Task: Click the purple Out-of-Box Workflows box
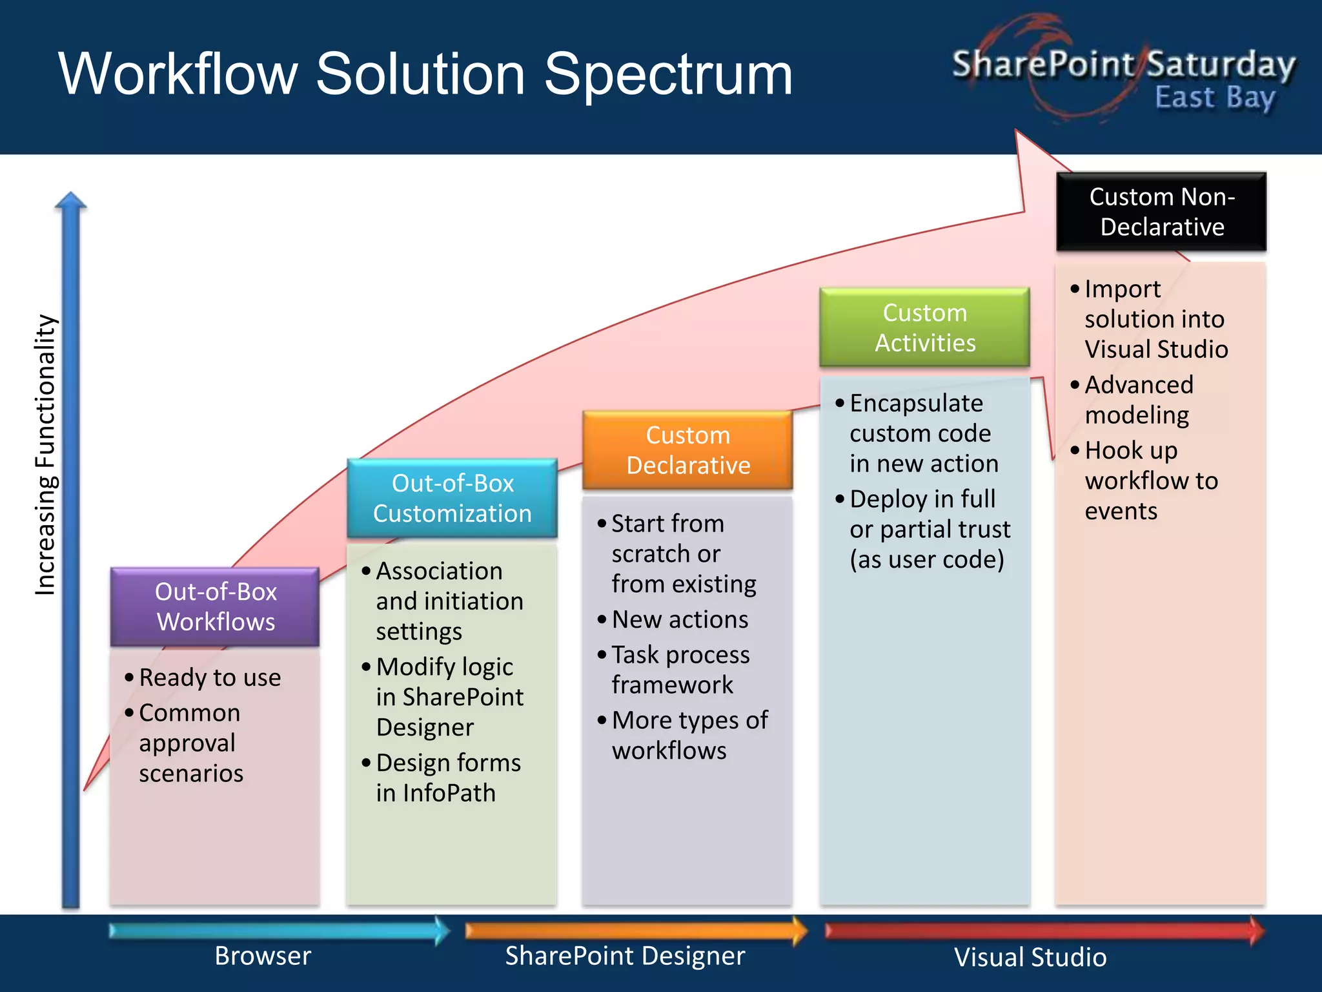(x=215, y=606)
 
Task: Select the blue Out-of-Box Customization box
(x=452, y=498)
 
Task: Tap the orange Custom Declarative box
(x=687, y=450)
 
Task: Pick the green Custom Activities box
(x=924, y=327)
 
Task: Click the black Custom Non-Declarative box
(x=1161, y=212)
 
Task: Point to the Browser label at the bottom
(x=263, y=956)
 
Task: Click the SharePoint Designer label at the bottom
(x=625, y=956)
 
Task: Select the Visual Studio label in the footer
(x=1030, y=957)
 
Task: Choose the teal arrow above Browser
(x=278, y=931)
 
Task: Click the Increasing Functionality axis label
(x=45, y=455)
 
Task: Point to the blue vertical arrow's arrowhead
(x=70, y=200)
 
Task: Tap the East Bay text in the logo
(x=1215, y=98)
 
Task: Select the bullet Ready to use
(x=210, y=677)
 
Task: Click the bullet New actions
(x=680, y=619)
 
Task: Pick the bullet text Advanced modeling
(x=1139, y=400)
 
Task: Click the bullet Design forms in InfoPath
(x=448, y=778)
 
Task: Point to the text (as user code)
(x=927, y=559)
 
